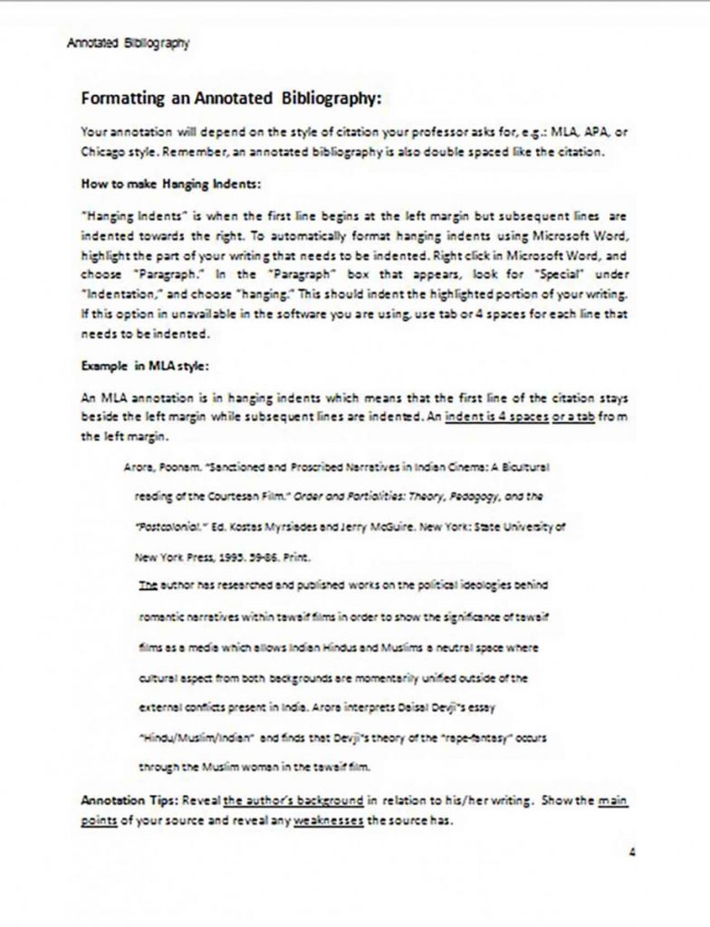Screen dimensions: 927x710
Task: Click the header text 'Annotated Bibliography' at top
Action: [x=128, y=43]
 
